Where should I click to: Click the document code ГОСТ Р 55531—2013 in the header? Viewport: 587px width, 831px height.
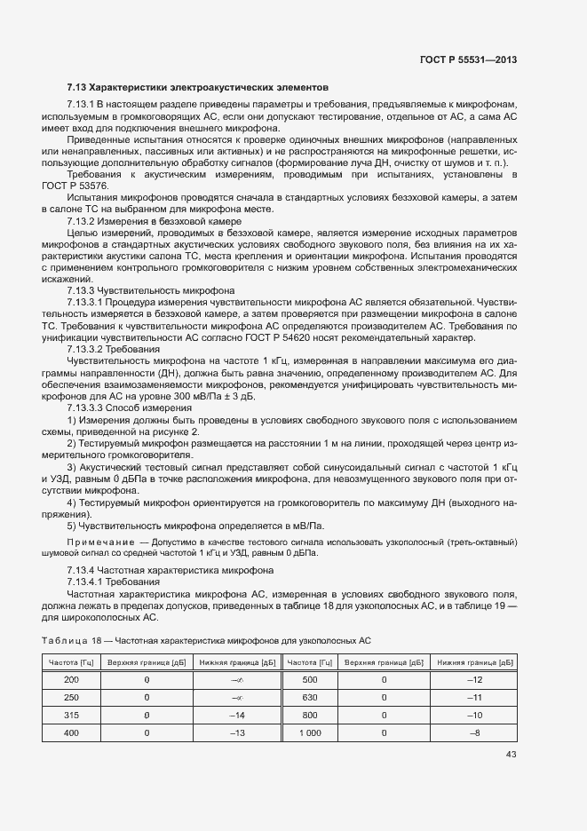467,60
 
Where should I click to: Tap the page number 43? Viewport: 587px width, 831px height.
511,755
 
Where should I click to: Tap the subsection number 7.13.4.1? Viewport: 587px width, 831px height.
85,581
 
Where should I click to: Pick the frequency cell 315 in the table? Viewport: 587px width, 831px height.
72,715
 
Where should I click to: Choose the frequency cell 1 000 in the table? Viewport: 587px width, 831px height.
310,732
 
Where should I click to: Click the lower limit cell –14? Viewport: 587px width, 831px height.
236,715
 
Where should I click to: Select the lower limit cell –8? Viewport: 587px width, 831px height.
474,732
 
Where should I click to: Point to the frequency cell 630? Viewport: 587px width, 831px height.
310,697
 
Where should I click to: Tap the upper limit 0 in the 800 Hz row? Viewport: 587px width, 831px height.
384,715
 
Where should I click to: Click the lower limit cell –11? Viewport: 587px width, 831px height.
474,697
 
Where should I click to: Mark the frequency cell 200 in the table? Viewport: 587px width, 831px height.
72,679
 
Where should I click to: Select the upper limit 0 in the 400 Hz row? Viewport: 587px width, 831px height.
146,732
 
